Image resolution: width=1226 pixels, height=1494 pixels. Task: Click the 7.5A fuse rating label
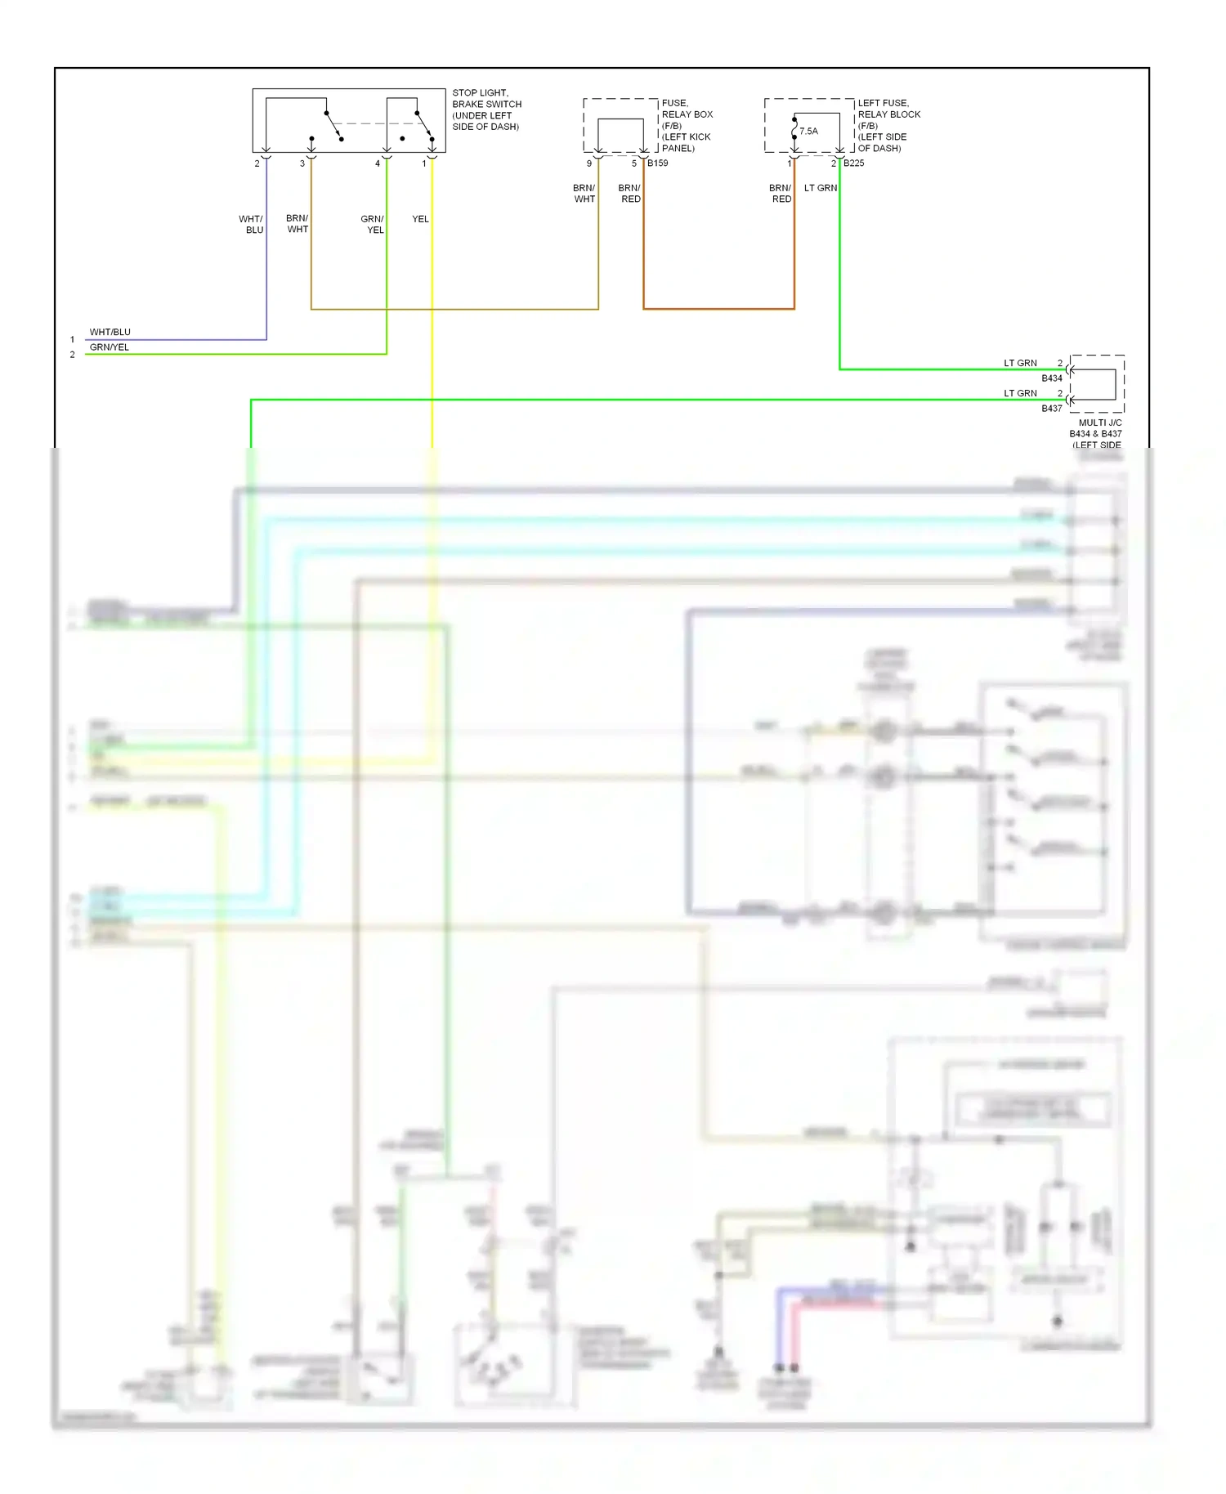point(808,131)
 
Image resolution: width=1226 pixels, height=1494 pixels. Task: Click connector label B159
point(658,163)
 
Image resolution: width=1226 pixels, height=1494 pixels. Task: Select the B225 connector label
point(854,163)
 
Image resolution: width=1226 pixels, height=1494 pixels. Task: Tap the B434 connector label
point(1051,378)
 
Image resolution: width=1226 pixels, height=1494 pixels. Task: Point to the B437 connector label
point(1051,409)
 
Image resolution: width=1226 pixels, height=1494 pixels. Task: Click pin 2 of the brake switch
point(257,163)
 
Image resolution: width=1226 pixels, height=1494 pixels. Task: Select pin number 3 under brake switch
point(302,163)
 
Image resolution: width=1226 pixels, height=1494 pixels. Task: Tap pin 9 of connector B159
point(589,163)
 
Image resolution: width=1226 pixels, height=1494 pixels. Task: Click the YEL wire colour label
point(420,219)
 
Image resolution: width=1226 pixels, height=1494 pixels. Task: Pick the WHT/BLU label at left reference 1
point(110,332)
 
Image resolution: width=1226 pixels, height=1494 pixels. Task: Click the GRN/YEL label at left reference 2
point(109,347)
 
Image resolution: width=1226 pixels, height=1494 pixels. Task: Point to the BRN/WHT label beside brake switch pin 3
point(298,224)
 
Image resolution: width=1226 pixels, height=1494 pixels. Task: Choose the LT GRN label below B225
point(821,188)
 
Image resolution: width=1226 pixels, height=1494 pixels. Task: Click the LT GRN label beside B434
point(1020,363)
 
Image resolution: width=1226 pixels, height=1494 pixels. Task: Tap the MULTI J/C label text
point(1099,423)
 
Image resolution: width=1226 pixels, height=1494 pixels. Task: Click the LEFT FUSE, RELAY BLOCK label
point(888,109)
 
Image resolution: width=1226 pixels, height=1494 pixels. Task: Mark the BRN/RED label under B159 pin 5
point(629,194)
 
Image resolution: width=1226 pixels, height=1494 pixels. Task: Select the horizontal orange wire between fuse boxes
point(719,309)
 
